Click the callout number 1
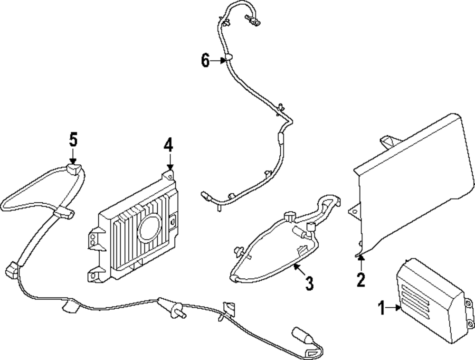coord(381,309)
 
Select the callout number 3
coord(309,284)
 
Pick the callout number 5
coord(73,140)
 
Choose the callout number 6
coord(205,61)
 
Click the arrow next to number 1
coord(394,308)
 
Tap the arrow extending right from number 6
coord(219,60)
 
